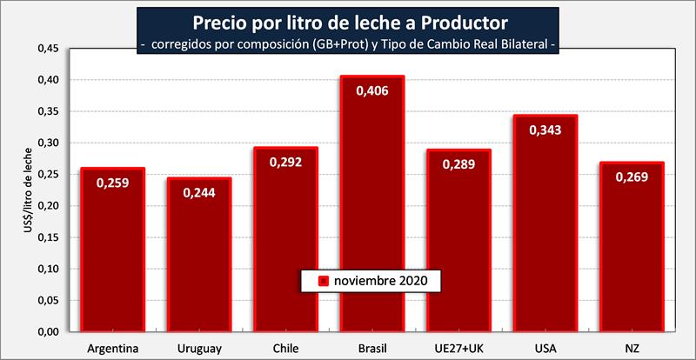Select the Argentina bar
point(113,252)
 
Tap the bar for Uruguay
point(199,257)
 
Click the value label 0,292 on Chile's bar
point(286,162)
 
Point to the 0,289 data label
point(458,163)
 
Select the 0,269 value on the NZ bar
point(632,177)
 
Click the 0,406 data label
point(372,90)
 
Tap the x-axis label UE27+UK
point(458,349)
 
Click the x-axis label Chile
point(286,349)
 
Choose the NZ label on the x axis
point(632,349)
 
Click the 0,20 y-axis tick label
point(48,206)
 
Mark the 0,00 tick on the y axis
point(48,332)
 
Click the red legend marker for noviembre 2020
point(322,281)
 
